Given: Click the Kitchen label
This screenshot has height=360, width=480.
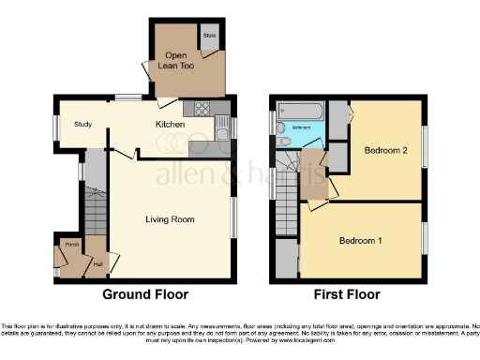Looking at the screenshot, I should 170,124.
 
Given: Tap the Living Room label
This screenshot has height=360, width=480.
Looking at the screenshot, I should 170,219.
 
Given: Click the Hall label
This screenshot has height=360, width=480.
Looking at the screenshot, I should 98,263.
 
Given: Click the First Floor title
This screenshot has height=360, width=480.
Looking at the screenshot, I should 347,294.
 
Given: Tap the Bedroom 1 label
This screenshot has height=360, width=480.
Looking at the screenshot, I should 360,241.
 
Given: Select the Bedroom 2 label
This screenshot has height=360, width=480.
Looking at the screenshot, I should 382,150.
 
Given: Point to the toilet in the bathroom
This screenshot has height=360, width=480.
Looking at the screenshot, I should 284,142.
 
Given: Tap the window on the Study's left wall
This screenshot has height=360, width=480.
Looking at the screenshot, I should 54,126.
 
